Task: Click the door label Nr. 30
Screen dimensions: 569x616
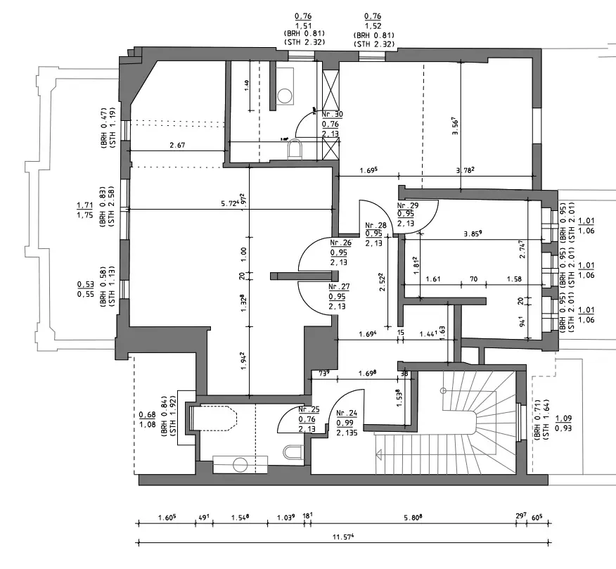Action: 332,114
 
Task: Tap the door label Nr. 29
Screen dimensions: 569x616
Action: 407,205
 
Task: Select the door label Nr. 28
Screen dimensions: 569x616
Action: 373,226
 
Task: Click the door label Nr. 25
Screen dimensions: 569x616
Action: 309,409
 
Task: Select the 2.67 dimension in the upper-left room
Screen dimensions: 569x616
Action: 177,146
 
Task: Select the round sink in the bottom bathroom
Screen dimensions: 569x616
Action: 240,464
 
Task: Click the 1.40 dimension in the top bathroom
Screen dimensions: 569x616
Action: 247,84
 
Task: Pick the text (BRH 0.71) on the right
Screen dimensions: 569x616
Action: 538,421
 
